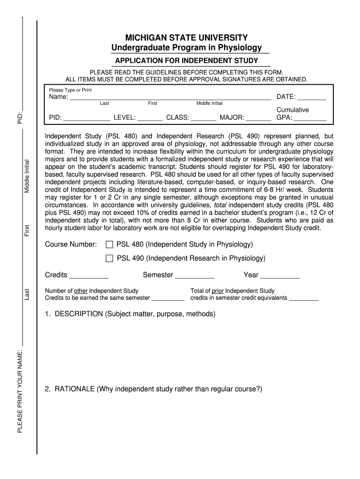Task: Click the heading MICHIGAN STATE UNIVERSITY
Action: [x=186, y=37]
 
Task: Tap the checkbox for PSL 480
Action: [x=109, y=245]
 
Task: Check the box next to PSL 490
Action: [x=109, y=258]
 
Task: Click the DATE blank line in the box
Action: [x=312, y=98]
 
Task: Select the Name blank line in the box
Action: [x=170, y=98]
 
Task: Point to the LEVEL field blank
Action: [x=150, y=119]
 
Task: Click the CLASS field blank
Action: [x=203, y=119]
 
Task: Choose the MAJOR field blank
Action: [x=258, y=119]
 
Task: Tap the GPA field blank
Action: [x=310, y=119]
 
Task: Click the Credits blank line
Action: [x=89, y=276]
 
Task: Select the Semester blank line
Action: [x=194, y=276]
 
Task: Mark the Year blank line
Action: [x=280, y=276]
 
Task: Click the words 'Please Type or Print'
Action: [x=71, y=90]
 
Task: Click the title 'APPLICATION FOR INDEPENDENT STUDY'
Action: [x=187, y=61]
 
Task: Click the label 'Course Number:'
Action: [x=71, y=245]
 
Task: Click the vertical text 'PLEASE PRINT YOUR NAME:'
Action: [x=20, y=391]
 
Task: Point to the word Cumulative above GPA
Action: [x=293, y=110]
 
